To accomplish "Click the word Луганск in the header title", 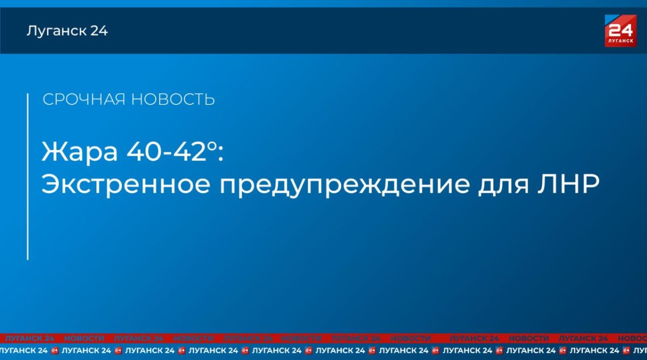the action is [56, 31].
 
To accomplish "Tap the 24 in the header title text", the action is [99, 31].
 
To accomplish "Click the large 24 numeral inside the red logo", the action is [621, 30].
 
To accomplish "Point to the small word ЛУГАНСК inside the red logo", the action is [621, 41].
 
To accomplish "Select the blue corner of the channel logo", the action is [610, 18].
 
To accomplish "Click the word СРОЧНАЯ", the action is [84, 99].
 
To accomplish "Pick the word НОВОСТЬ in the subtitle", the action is [173, 99].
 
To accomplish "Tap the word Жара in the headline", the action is [80, 152].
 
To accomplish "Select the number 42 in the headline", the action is [189, 151].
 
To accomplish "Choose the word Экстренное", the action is [126, 184].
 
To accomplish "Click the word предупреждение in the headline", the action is [345, 185].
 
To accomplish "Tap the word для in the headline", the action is [504, 186].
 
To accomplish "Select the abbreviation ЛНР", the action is [568, 184].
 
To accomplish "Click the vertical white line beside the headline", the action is [27, 177].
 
